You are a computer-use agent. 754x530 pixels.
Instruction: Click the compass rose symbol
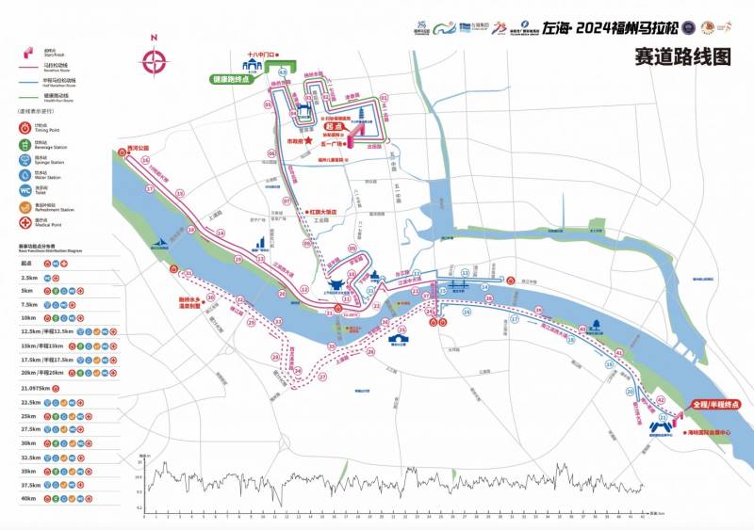pyautogui.click(x=154, y=60)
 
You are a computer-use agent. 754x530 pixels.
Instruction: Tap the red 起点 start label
pyautogui.click(x=331, y=126)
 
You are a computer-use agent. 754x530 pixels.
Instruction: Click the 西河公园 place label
pyautogui.click(x=139, y=149)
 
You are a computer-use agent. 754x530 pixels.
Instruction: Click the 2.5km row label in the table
pyautogui.click(x=28, y=278)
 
